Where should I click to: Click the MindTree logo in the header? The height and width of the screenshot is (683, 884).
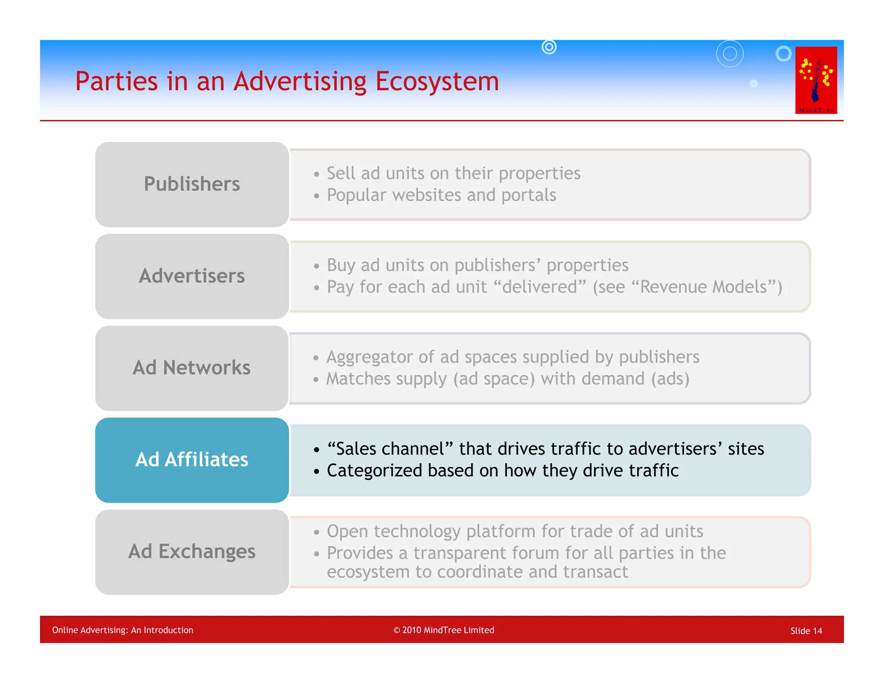click(x=816, y=80)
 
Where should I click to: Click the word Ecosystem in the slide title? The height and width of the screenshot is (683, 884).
click(x=437, y=81)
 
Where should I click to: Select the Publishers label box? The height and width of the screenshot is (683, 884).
click(x=192, y=184)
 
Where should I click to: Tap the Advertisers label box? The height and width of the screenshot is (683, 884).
click(x=192, y=276)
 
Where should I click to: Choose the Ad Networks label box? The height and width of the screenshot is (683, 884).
click(x=192, y=368)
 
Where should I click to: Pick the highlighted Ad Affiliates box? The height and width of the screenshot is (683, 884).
click(x=192, y=460)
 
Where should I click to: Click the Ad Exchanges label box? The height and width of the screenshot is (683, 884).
click(x=192, y=552)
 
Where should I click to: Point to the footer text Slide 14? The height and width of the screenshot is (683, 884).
click(x=806, y=631)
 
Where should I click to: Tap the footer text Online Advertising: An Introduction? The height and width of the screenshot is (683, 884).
click(x=123, y=630)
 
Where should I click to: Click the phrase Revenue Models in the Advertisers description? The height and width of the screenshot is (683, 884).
click(x=704, y=287)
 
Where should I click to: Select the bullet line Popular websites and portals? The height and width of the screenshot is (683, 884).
click(x=441, y=195)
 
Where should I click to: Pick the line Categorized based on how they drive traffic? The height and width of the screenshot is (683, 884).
click(x=502, y=471)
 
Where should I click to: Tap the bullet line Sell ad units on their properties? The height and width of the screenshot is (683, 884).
click(x=453, y=174)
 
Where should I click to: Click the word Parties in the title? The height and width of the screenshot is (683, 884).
click(x=117, y=81)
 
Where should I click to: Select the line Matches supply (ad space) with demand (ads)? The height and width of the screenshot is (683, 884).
click(x=508, y=379)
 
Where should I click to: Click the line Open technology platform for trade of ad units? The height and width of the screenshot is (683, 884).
click(x=515, y=531)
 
